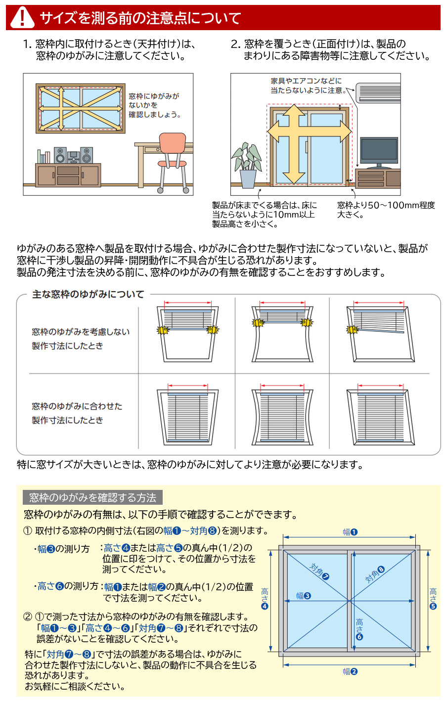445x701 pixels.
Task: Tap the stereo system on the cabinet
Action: [73, 156]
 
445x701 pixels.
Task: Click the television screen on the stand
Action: [379, 150]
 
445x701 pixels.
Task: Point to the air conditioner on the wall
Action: [378, 92]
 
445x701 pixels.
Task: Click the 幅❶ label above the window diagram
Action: [350, 532]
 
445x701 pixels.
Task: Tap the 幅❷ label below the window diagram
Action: [350, 671]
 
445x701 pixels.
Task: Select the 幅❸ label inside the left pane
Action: [303, 596]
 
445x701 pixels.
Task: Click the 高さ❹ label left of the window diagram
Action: [265, 598]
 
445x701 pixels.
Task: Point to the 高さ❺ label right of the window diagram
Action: [433, 598]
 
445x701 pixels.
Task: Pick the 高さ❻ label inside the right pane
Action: [359, 629]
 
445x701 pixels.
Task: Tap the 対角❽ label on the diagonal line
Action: [374, 574]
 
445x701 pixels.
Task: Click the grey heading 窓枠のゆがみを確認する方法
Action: [92, 497]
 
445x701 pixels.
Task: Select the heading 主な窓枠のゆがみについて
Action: [88, 294]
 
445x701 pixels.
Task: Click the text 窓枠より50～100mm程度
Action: [386, 205]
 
